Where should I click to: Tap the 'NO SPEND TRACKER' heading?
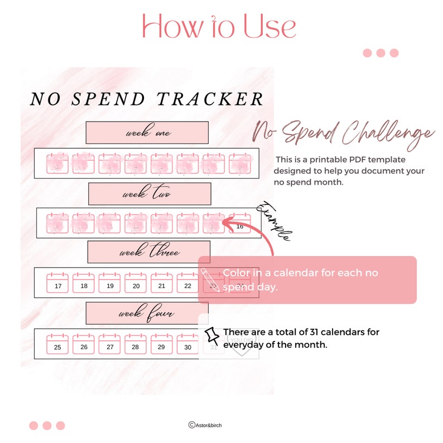147,99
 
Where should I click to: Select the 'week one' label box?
147,133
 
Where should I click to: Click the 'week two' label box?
150,194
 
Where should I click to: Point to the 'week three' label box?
148,252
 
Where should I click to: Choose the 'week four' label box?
147,314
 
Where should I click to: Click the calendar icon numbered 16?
240,224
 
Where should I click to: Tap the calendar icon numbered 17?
57,283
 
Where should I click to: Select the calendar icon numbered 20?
136,283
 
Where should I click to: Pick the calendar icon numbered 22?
188,283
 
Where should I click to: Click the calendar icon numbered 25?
57,344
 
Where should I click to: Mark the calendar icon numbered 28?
136,344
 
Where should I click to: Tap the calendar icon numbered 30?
188,344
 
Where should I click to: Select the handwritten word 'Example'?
273,221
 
